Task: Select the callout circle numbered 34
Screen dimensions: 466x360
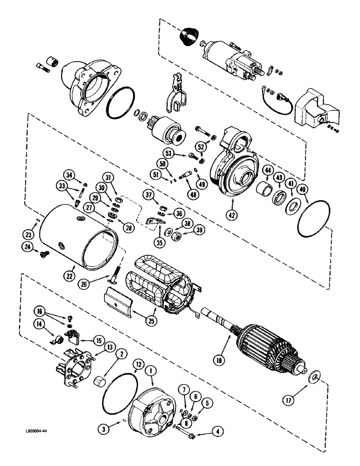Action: pos(70,175)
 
